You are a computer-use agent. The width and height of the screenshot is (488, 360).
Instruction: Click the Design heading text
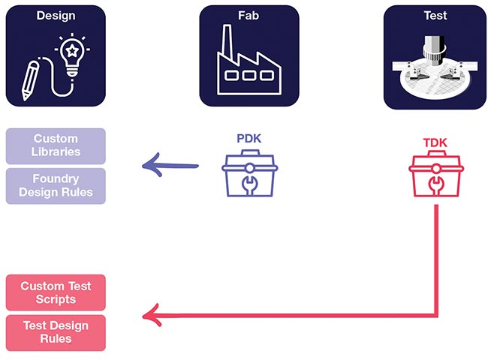[x=56, y=15]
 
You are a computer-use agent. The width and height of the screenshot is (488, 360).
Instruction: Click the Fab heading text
[x=249, y=15]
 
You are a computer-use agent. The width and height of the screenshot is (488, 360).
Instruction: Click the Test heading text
[x=434, y=15]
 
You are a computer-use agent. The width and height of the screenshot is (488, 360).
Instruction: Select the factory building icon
[x=249, y=64]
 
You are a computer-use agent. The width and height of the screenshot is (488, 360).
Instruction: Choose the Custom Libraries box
[x=56, y=145]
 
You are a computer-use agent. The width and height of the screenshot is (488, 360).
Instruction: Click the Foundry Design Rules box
[x=56, y=186]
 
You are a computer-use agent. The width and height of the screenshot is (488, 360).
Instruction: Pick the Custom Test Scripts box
[x=56, y=292]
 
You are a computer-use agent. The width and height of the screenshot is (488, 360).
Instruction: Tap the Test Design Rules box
[x=56, y=332]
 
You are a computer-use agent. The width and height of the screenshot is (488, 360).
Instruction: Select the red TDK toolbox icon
[x=435, y=177]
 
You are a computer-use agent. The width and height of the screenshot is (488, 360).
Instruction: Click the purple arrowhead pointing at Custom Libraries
[x=149, y=165]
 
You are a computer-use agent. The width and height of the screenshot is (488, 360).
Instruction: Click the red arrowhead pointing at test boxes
[x=150, y=315]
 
